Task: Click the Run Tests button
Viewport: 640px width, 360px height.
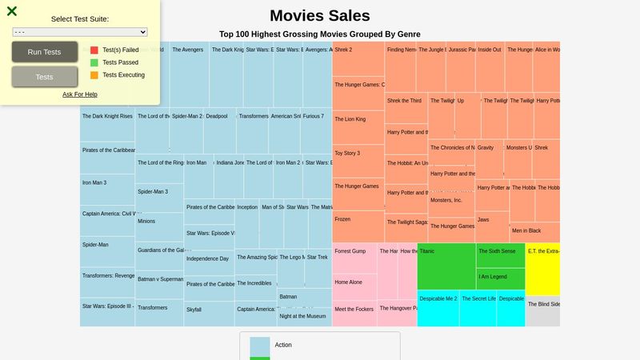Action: point(45,52)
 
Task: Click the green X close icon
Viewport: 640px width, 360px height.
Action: point(12,11)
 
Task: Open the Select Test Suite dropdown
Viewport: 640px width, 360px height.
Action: point(80,32)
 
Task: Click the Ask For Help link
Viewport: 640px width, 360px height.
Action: point(80,94)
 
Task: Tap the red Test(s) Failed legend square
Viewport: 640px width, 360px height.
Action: point(94,50)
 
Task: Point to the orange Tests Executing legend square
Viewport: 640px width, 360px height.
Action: point(94,75)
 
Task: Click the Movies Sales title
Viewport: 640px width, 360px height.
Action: point(320,16)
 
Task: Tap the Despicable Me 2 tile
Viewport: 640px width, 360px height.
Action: point(438,308)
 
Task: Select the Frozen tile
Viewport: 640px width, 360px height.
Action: point(358,226)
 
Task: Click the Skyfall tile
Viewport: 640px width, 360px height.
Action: point(208,314)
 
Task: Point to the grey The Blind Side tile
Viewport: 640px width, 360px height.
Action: point(542,311)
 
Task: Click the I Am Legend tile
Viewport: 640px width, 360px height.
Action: point(501,278)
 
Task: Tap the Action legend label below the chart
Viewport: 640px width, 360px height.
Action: point(283,345)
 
